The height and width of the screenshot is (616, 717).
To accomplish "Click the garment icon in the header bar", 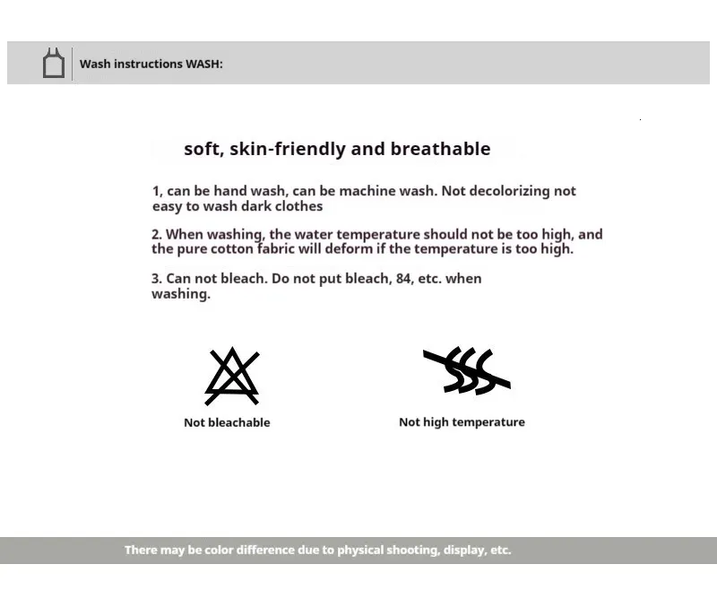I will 54,64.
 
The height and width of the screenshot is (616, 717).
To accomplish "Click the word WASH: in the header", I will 204,64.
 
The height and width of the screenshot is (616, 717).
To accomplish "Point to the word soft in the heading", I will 202,149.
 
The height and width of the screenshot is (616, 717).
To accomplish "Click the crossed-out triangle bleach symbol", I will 232,376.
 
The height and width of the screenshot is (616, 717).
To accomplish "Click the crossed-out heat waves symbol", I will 466,371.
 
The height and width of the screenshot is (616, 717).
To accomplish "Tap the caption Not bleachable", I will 227,422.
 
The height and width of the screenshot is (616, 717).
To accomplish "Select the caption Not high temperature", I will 462,421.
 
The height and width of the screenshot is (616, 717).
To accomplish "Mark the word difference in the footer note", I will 265,550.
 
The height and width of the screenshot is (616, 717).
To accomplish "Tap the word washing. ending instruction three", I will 181,294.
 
